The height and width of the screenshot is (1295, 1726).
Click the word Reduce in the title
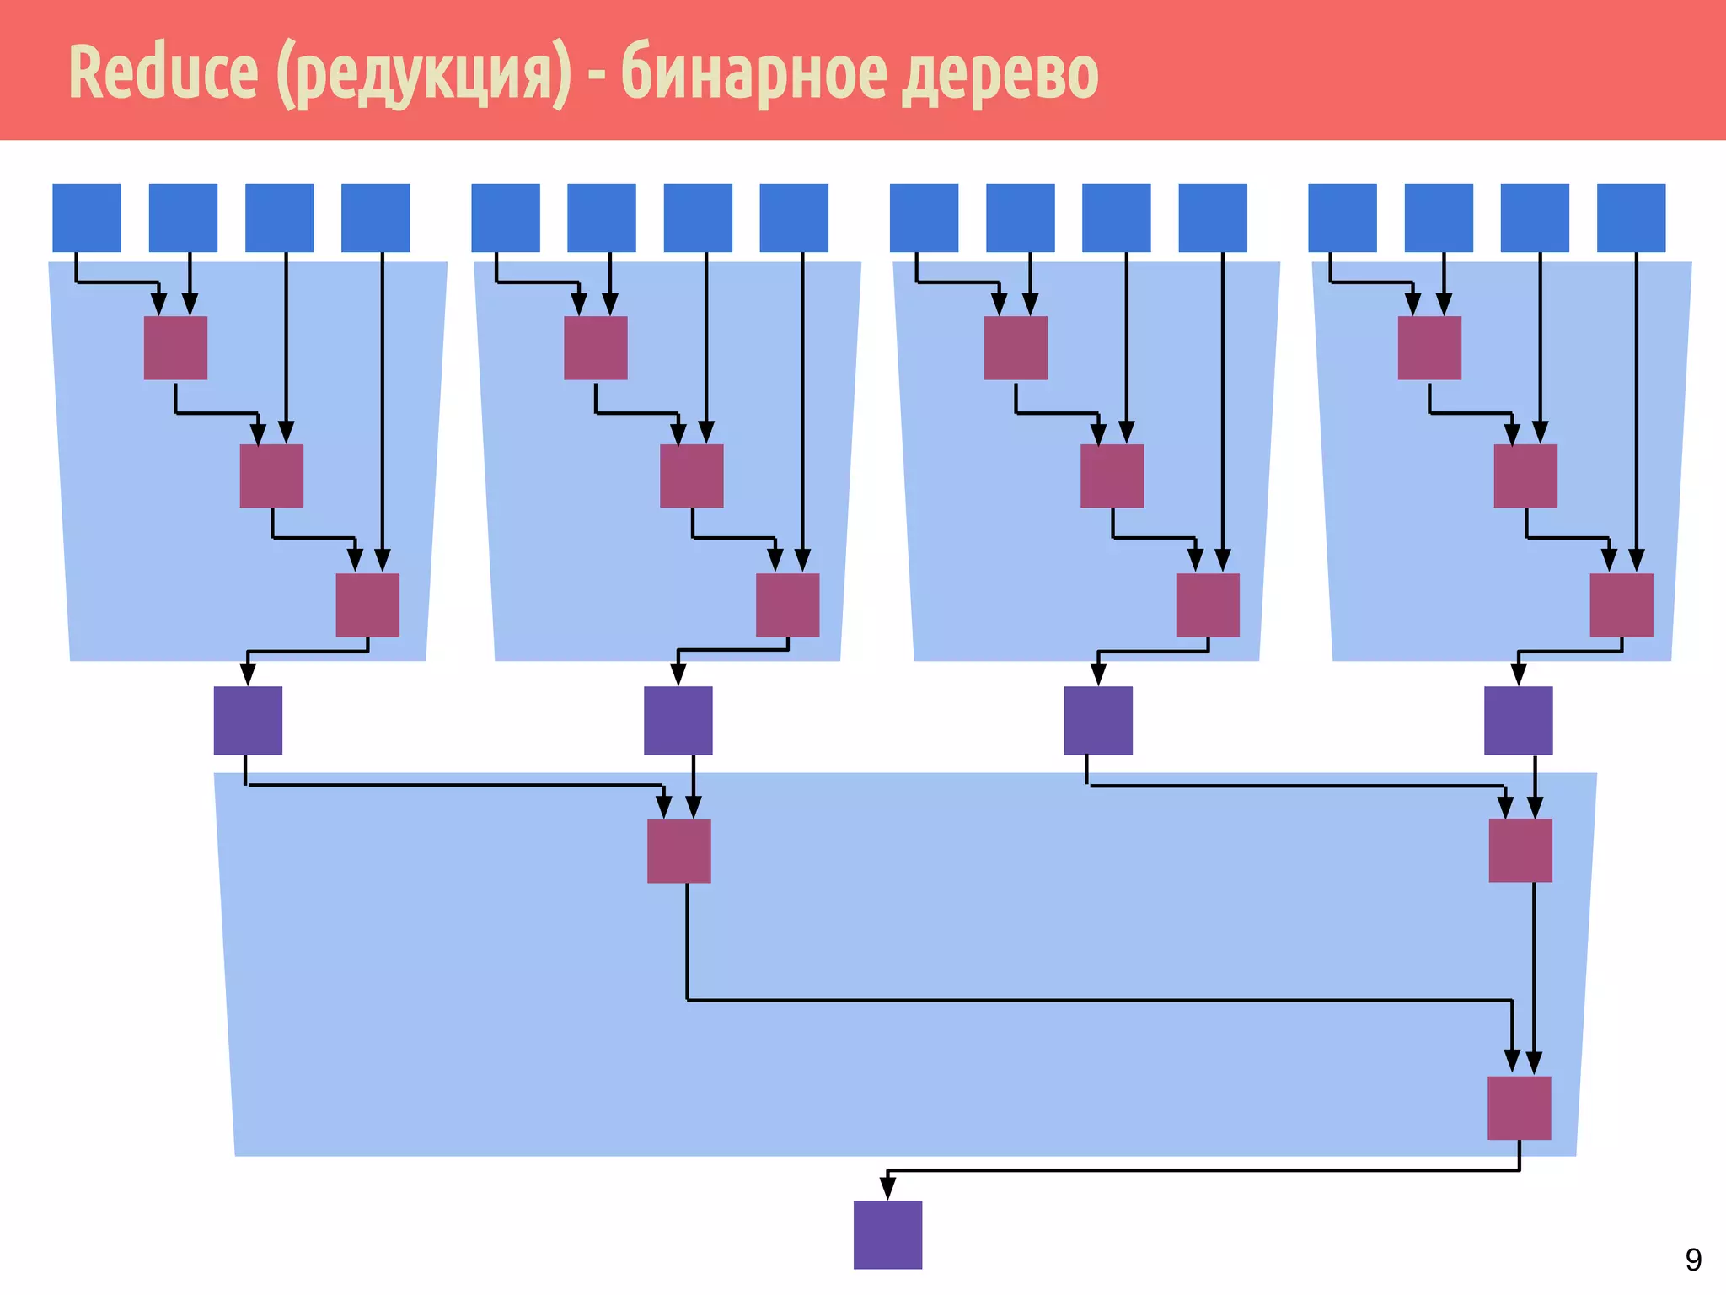coord(163,73)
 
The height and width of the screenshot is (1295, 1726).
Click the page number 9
coord(1693,1260)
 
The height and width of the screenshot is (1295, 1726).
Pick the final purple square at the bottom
coord(887,1234)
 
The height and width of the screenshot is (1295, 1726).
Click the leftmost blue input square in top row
coord(87,218)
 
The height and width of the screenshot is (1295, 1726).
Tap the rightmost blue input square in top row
coord(1631,218)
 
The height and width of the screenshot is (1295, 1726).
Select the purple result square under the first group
coord(248,720)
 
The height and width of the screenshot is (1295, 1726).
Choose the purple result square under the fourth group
coord(1518,720)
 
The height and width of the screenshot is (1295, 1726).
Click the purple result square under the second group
coord(678,720)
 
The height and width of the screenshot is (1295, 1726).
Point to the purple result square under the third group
coord(1098,720)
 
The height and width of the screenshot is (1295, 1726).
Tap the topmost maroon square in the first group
coord(175,347)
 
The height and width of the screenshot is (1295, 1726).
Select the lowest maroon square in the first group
coord(367,605)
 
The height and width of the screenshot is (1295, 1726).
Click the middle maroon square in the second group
coord(691,476)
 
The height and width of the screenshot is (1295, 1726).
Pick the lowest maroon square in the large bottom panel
coord(1519,1107)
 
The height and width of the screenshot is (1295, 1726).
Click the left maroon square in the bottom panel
coord(678,851)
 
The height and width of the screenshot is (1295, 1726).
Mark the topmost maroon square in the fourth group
coord(1429,347)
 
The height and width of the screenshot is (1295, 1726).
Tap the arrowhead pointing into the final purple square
coord(887,1189)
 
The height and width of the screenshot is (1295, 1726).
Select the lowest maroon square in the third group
coord(1208,605)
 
